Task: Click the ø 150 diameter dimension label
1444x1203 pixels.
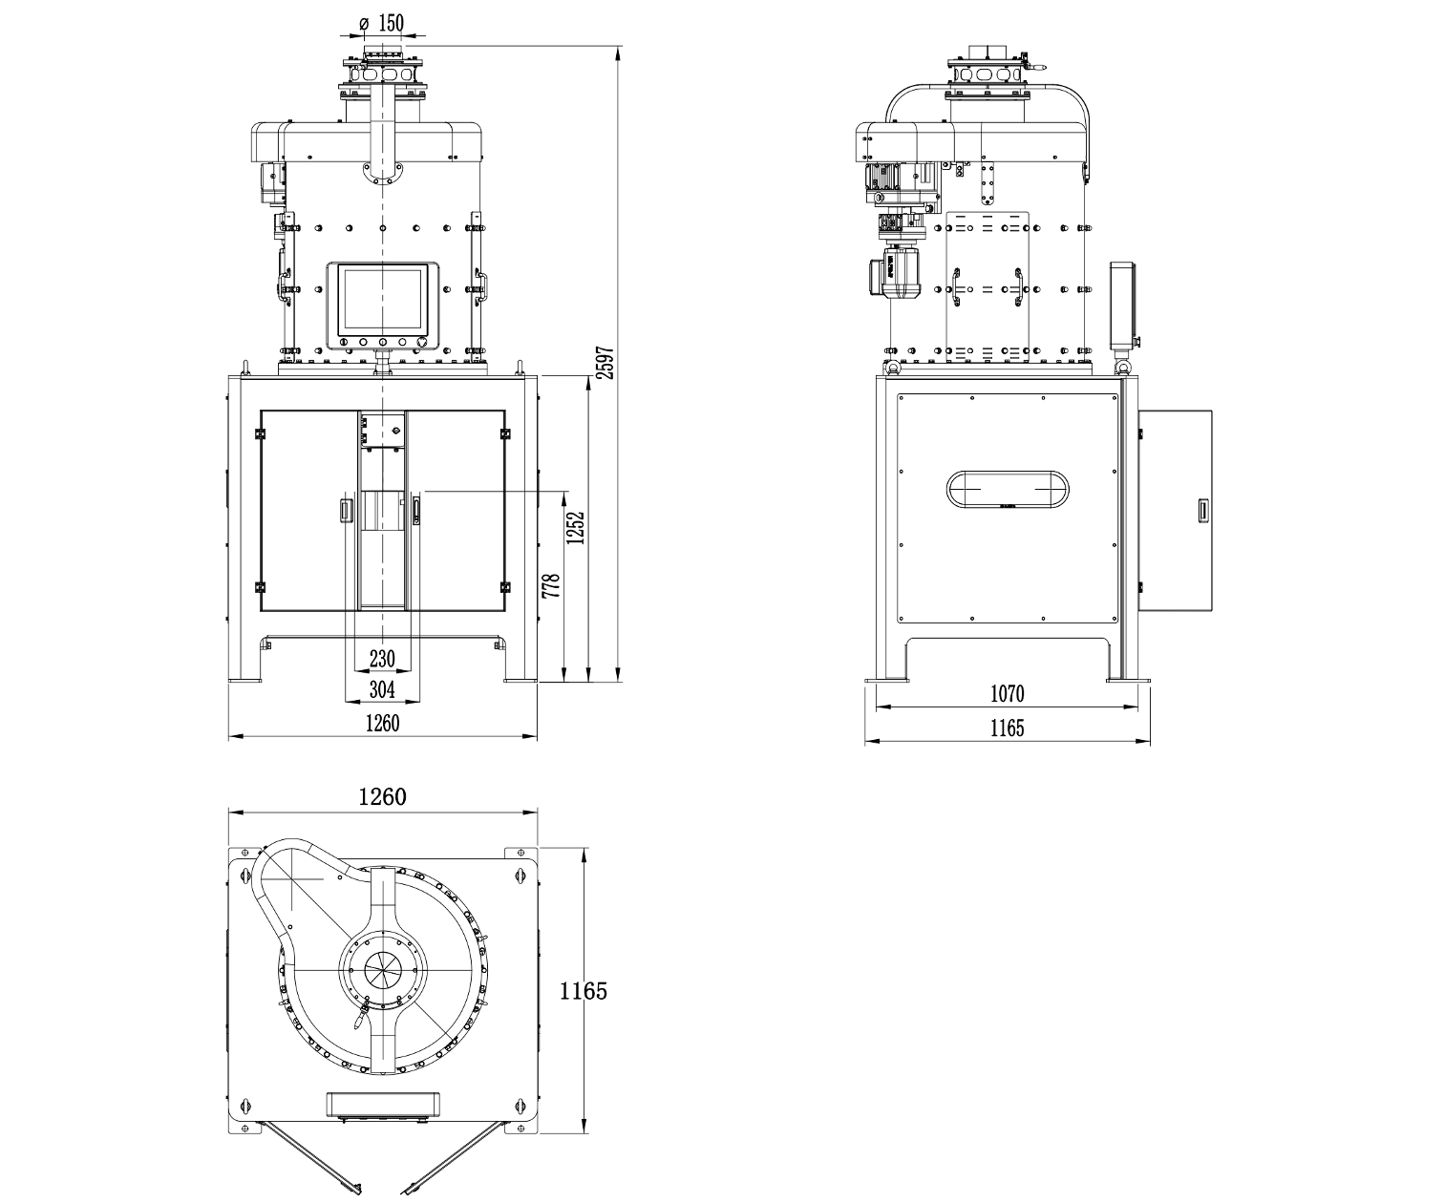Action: point(382,23)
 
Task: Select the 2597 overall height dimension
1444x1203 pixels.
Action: point(605,362)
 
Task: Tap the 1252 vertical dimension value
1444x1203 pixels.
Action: point(575,528)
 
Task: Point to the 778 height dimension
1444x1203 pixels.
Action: point(550,585)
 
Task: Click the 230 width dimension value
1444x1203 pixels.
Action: point(382,658)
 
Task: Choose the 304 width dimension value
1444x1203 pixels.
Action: point(382,688)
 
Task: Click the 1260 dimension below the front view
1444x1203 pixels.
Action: point(382,723)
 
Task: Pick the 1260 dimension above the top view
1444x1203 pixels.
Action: point(382,797)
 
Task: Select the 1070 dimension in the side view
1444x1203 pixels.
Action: point(1007,693)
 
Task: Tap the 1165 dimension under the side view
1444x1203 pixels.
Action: point(1007,728)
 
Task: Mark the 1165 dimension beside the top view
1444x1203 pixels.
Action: point(583,991)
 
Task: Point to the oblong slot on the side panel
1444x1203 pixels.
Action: point(1007,489)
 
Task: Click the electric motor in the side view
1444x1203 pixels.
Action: point(893,272)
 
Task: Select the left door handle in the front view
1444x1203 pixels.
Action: point(345,510)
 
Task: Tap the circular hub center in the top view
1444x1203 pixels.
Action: point(382,969)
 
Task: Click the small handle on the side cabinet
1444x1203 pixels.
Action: point(1203,510)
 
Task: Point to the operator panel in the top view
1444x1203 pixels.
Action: point(382,1104)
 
